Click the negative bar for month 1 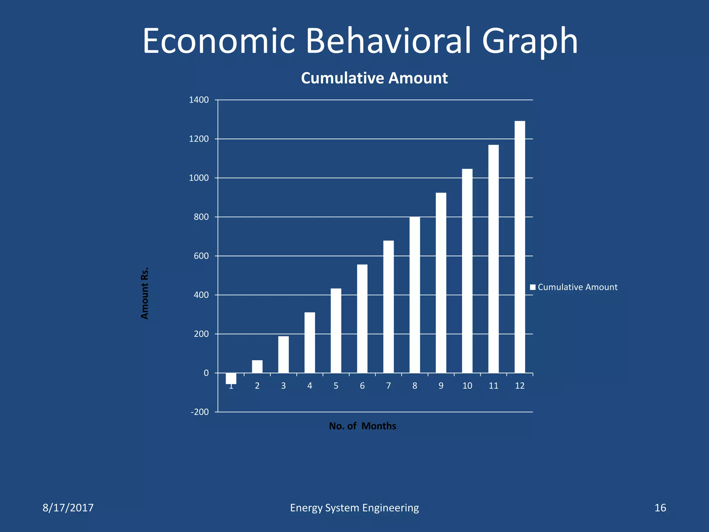231,378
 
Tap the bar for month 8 414,295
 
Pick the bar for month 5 336,331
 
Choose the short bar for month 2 257,366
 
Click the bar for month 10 467,271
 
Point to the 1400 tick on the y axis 199,100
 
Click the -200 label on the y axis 200,412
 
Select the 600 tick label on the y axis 201,256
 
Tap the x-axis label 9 441,386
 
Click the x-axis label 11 493,386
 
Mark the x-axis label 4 309,386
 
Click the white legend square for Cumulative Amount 533,287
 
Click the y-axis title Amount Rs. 145,293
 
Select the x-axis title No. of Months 362,426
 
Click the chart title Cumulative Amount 374,78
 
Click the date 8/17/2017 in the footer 68,508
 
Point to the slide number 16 660,508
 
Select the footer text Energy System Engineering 354,508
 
